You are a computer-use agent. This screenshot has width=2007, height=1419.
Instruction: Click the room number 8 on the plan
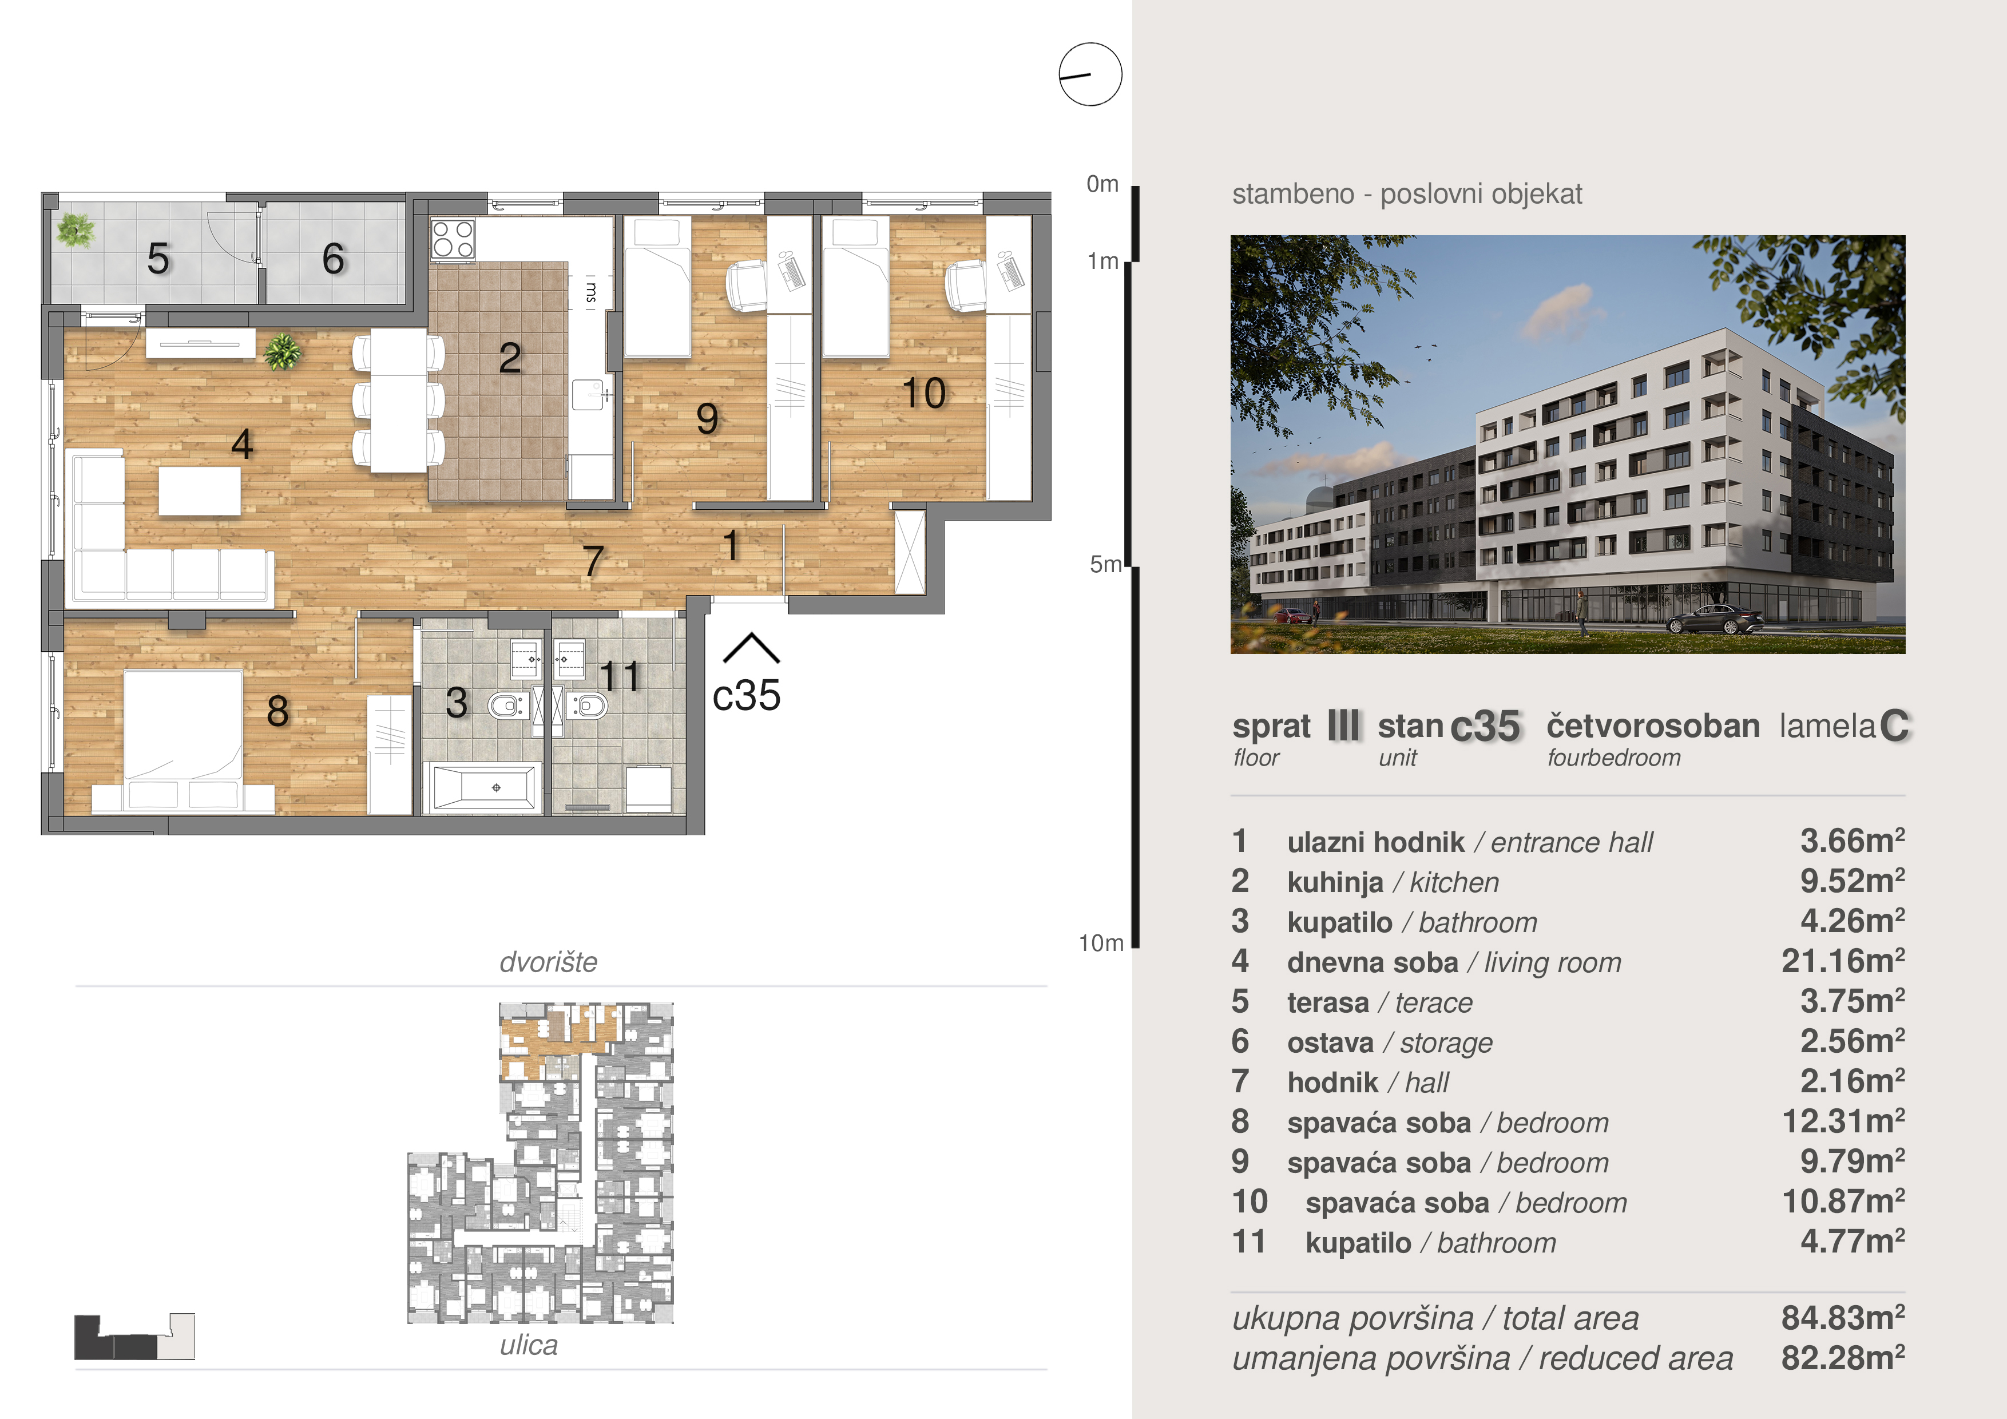coord(277,711)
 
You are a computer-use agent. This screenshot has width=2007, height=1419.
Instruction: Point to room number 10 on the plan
coord(924,394)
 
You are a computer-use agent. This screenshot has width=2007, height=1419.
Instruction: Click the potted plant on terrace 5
coord(74,230)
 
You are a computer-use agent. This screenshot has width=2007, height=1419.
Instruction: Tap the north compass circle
coord(1090,74)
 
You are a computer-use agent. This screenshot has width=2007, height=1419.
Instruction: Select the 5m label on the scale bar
coord(1105,565)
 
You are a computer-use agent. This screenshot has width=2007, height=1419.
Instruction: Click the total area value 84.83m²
coord(1843,1318)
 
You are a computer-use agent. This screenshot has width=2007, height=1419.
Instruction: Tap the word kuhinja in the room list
coord(1335,882)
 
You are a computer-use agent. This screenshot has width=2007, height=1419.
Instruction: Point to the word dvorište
coord(548,962)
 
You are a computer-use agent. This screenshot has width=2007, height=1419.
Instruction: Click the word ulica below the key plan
coord(529,1345)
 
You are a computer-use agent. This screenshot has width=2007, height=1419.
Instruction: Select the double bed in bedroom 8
coord(183,725)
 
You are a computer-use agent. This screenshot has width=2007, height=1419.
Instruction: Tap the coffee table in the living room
coord(199,490)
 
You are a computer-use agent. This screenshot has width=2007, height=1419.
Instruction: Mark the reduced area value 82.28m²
coord(1843,1358)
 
